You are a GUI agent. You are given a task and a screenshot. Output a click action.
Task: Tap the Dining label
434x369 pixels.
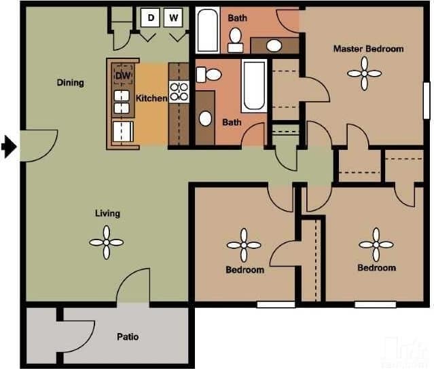(71, 83)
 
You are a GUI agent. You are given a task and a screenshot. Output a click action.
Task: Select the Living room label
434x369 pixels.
(107, 213)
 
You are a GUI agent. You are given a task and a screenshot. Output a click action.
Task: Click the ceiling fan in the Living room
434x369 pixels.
(107, 241)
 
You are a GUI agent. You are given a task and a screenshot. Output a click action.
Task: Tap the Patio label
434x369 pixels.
(128, 336)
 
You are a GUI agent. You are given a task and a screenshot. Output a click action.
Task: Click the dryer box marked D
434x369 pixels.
(151, 17)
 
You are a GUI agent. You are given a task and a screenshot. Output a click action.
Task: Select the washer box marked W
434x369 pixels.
(175, 17)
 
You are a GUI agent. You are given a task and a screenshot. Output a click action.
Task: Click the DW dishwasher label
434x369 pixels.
(123, 75)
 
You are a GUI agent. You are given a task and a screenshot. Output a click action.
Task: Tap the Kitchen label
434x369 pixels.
(151, 98)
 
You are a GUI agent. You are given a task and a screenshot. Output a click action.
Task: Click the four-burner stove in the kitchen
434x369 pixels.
(179, 92)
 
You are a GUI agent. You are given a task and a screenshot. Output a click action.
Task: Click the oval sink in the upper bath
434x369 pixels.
(274, 45)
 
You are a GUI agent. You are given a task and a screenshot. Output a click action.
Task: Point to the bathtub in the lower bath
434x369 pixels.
(254, 86)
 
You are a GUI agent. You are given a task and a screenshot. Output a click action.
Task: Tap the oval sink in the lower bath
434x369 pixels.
(206, 118)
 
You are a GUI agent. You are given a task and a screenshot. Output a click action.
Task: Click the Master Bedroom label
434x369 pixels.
(368, 49)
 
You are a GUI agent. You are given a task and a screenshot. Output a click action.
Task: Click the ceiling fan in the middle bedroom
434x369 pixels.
(244, 246)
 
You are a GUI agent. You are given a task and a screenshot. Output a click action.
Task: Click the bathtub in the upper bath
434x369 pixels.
(207, 31)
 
